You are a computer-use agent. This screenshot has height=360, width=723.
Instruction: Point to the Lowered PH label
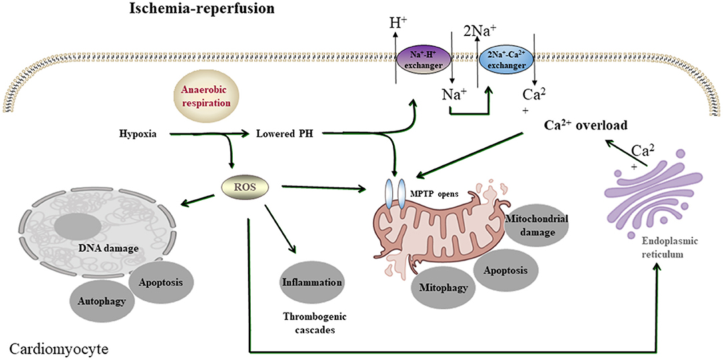(275, 135)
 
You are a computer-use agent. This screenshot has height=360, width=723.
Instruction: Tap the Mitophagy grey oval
(443, 289)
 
